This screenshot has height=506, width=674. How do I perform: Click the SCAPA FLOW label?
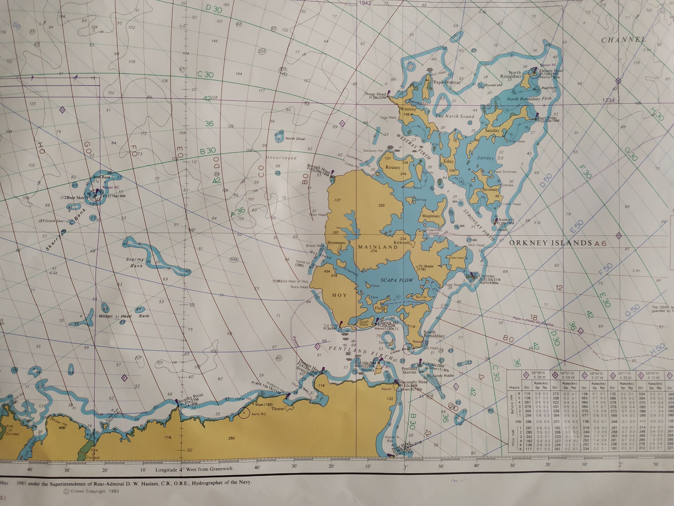coord(397,280)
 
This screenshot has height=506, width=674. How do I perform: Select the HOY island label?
coord(339,295)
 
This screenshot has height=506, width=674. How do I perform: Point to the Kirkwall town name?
coord(401,242)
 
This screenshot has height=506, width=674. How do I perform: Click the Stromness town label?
coord(336,243)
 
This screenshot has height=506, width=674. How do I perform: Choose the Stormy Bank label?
coord(135,262)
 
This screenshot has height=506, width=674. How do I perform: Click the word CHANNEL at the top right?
coord(623,40)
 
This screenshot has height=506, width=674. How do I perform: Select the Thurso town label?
coord(278,409)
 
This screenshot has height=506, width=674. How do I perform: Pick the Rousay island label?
coord(393,167)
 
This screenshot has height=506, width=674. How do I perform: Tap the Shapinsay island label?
coord(431,216)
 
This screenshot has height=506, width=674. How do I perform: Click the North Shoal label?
coord(295,139)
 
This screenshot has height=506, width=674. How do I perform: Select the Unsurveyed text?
coord(281,158)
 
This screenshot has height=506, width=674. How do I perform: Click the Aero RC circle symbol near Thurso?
coord(244,413)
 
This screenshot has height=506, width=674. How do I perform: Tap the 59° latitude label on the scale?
coord(192,230)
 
